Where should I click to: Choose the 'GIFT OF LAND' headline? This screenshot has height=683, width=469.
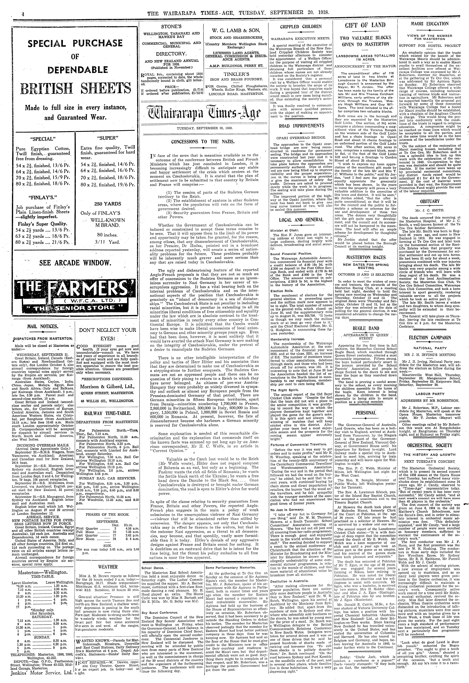pos(365,25)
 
